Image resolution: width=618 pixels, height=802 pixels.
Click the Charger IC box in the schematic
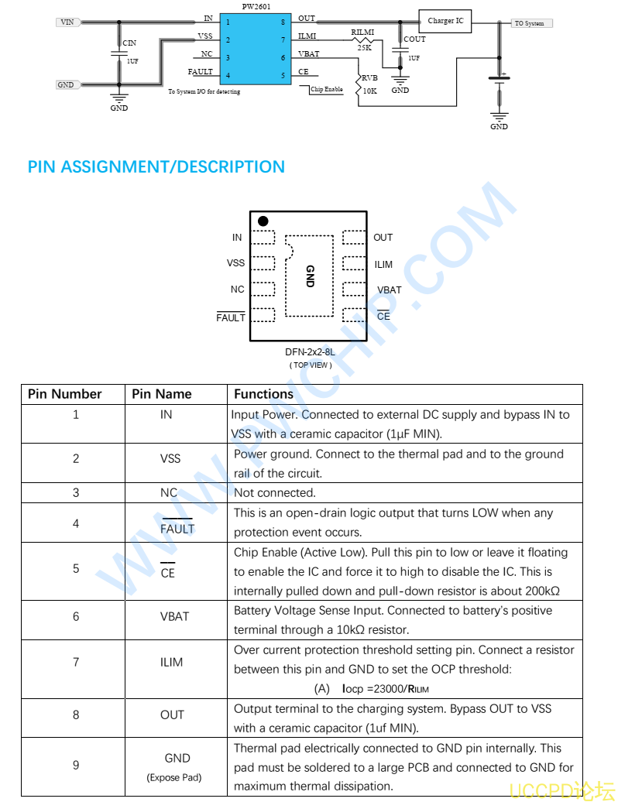pyautogui.click(x=445, y=21)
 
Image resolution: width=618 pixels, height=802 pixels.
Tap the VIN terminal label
pyautogui.click(x=67, y=22)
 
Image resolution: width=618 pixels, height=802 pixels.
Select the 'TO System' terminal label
pyautogui.click(x=530, y=23)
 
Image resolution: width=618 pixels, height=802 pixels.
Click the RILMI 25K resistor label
pyautogui.click(x=362, y=39)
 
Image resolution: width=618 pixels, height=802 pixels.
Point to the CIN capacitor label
pyautogui.click(x=129, y=44)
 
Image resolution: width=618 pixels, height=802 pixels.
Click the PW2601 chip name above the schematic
pyautogui.click(x=256, y=6)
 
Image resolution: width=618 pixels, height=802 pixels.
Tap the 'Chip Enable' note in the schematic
pyautogui.click(x=326, y=90)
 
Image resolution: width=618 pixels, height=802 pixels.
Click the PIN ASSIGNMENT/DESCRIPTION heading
pyautogui.click(x=156, y=167)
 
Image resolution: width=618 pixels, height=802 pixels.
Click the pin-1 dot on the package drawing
pyautogui.click(x=263, y=221)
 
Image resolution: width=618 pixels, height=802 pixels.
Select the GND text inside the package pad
pyautogui.click(x=310, y=276)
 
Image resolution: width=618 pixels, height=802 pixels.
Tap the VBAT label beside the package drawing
pyautogui.click(x=389, y=290)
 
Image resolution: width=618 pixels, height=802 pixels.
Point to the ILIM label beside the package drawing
pyautogui.click(x=383, y=265)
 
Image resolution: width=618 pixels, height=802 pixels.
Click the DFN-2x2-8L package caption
pyautogui.click(x=310, y=352)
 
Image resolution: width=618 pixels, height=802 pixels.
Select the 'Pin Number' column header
pyautogui.click(x=65, y=394)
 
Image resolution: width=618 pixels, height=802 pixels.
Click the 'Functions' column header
pyautogui.click(x=264, y=394)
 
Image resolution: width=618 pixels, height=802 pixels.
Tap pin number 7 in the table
pyautogui.click(x=76, y=662)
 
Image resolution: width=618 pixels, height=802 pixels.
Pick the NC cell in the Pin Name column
pyautogui.click(x=169, y=493)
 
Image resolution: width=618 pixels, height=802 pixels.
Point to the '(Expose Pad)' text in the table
pyautogui.click(x=174, y=777)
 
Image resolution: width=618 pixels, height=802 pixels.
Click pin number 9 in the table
pyautogui.click(x=76, y=766)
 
